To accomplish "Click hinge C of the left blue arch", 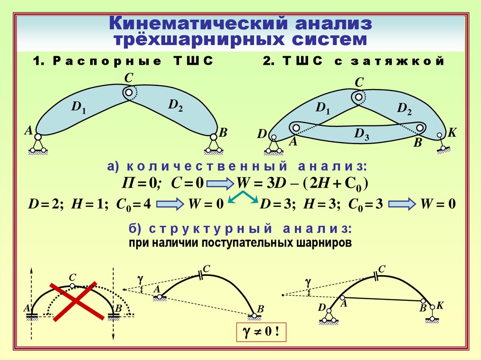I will click(x=128, y=92).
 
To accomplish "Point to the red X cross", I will click(x=75, y=301).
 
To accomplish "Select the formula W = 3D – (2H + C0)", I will click(x=301, y=183).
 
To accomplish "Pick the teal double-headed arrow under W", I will click(x=243, y=199).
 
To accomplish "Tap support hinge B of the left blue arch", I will click(x=214, y=137).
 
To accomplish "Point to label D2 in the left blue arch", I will click(x=176, y=106).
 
